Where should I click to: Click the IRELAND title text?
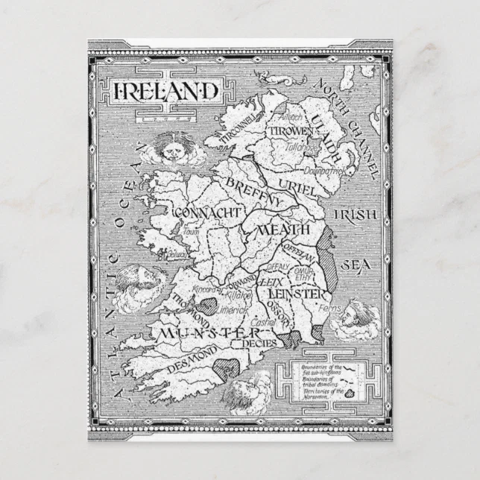point(166,90)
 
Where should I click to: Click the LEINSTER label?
point(296,294)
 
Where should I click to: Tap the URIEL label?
point(297,186)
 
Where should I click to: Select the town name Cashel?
point(263,322)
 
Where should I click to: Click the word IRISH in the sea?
point(356,215)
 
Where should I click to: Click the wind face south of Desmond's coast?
point(248,392)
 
